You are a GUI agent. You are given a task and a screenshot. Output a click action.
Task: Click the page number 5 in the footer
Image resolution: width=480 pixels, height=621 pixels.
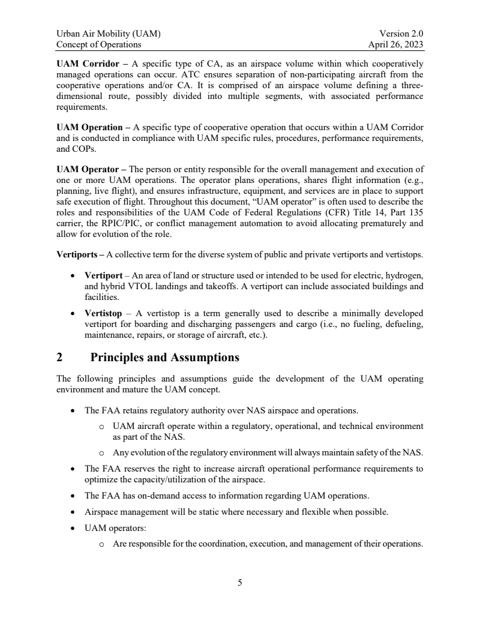tap(239, 582)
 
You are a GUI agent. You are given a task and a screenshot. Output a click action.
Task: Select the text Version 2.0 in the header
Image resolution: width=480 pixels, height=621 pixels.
tap(401, 34)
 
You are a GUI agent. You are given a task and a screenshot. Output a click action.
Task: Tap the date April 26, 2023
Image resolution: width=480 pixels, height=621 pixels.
tap(396, 44)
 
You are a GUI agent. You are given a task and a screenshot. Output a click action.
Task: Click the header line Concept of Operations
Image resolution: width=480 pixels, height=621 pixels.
tap(99, 44)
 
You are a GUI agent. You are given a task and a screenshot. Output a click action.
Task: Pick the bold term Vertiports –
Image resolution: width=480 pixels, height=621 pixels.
tap(80, 254)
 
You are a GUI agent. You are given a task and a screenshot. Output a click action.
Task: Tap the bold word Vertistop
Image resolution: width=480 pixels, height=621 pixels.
tap(103, 313)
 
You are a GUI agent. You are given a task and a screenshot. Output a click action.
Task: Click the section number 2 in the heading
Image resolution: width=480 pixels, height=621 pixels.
tap(59, 358)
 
